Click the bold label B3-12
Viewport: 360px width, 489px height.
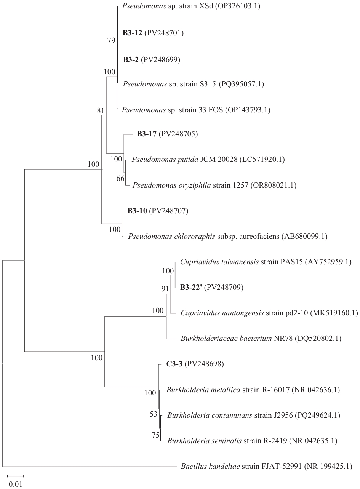click(x=132, y=34)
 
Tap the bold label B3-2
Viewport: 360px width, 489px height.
click(x=130, y=60)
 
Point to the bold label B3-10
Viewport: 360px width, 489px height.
click(x=136, y=211)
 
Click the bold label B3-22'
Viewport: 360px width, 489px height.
click(x=191, y=287)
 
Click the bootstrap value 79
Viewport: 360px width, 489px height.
click(x=111, y=41)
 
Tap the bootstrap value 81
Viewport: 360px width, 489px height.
click(x=101, y=111)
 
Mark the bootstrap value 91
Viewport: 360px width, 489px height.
click(x=165, y=289)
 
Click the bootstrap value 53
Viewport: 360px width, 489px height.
click(x=153, y=414)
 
